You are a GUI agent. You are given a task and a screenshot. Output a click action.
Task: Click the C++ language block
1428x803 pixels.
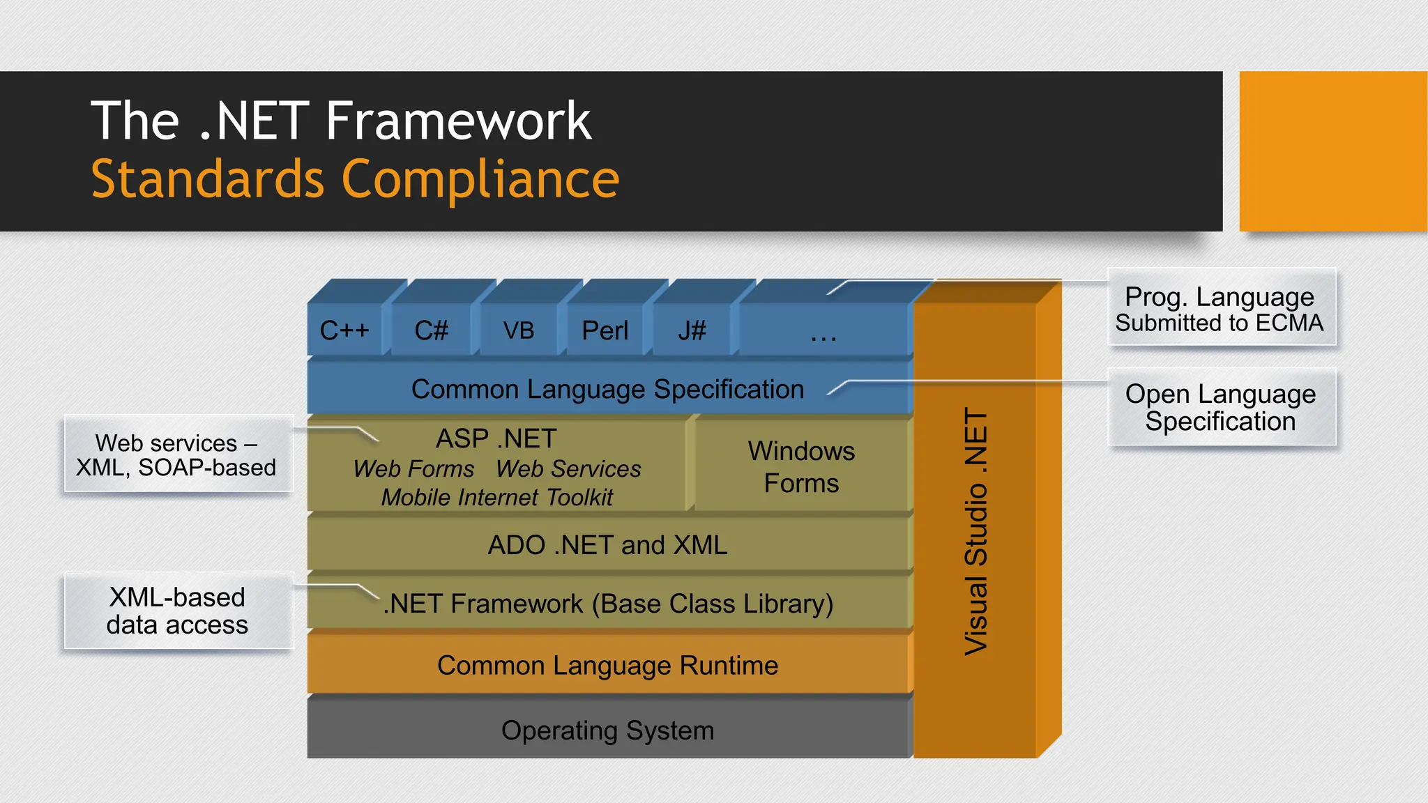[x=344, y=330]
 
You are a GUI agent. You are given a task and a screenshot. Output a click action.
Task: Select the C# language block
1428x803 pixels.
[x=431, y=330]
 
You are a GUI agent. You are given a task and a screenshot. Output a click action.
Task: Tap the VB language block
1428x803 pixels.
[x=518, y=330]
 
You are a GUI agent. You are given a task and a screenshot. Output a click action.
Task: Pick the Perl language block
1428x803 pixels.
[x=605, y=330]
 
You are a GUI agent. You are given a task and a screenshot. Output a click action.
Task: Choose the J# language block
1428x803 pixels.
[x=692, y=330]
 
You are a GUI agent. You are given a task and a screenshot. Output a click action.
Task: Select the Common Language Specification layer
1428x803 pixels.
[x=607, y=389]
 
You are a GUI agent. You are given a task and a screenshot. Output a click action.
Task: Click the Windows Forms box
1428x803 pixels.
[x=801, y=466]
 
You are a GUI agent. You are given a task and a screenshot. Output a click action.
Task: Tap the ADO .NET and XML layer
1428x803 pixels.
[x=607, y=545]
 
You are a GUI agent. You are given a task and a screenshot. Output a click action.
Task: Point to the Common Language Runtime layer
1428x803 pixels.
[x=607, y=666]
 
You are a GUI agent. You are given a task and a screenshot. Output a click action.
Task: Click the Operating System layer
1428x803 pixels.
[x=607, y=731]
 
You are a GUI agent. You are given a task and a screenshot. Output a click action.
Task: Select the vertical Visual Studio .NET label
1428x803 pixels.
[x=976, y=531]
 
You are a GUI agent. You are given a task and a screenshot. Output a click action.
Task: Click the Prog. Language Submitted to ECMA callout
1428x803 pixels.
[x=1220, y=308]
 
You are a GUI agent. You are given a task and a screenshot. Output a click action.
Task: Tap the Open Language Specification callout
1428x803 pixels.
[x=1220, y=408]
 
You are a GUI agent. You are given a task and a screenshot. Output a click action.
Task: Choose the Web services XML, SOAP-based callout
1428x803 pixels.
[x=177, y=454]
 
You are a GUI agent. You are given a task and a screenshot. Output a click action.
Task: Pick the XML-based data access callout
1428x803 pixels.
[x=177, y=611]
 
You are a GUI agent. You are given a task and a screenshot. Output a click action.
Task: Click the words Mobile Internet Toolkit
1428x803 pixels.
[x=496, y=498]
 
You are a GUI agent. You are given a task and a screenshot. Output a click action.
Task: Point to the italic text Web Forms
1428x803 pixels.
[x=413, y=469]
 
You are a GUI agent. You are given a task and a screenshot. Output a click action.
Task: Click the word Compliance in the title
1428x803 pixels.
[x=480, y=179]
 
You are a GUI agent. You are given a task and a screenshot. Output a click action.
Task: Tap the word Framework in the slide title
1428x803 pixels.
[x=458, y=121]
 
